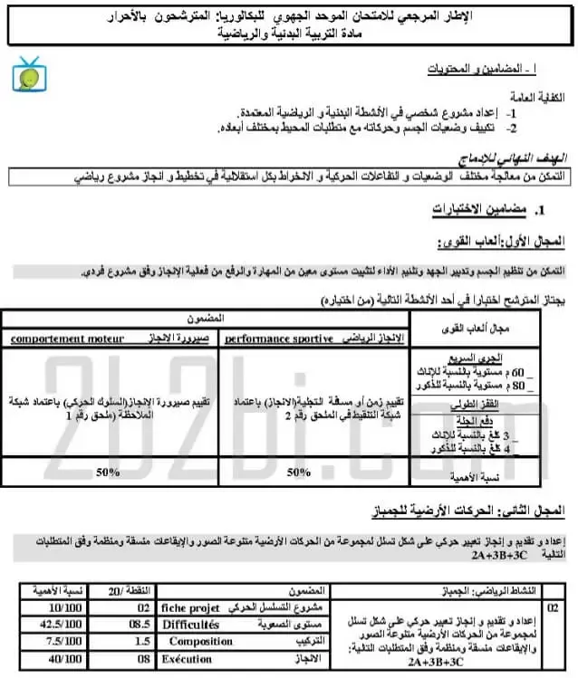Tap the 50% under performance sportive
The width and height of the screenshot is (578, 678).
pos(298,472)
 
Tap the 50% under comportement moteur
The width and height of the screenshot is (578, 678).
pos(109,472)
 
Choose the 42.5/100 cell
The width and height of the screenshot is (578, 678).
pos(44,625)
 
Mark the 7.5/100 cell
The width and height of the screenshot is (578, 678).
pos(44,642)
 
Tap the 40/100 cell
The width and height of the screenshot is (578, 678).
pos(44,659)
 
